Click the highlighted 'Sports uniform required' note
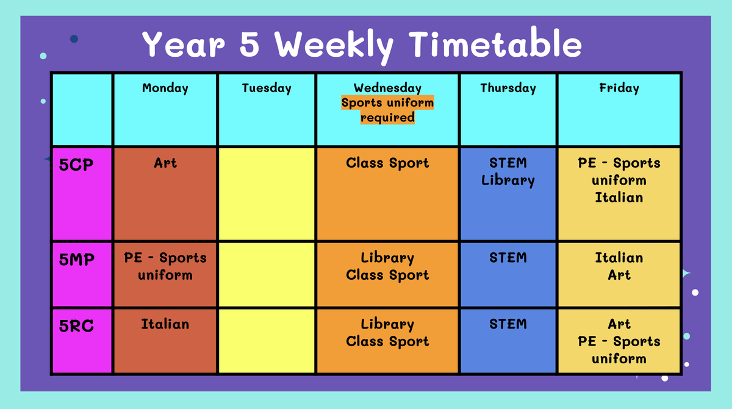point(387,110)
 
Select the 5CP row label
point(76,165)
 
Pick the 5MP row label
point(76,260)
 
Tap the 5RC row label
point(76,325)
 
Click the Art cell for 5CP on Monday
point(165,194)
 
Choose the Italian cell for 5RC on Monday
point(165,341)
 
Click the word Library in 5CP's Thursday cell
point(508,180)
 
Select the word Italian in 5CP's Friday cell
point(619,197)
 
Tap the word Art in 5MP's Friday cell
point(619,275)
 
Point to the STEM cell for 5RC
point(508,341)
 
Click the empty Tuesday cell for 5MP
point(267,274)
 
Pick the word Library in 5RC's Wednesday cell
point(387,324)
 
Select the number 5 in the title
point(249,44)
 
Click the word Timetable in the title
point(495,43)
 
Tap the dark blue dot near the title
point(74,39)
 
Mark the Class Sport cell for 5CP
point(387,194)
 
